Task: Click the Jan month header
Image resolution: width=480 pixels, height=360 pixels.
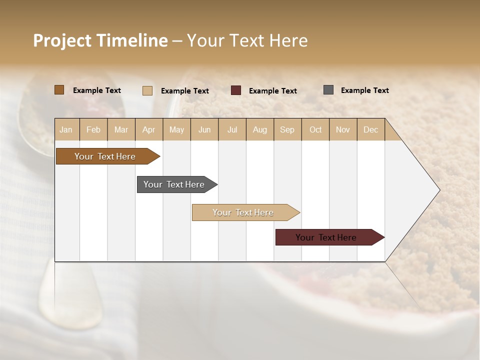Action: click(66, 129)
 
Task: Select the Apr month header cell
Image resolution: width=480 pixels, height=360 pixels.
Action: click(149, 129)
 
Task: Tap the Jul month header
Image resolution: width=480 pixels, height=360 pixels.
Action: click(232, 129)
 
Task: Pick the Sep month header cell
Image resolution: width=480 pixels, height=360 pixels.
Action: click(287, 129)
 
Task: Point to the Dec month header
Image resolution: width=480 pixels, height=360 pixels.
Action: click(370, 129)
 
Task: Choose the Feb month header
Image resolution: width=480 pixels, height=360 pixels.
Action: click(93, 129)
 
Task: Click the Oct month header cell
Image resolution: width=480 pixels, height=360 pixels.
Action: click(315, 129)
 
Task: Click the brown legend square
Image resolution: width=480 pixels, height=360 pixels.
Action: click(59, 90)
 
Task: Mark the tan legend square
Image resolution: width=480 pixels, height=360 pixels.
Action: click(147, 90)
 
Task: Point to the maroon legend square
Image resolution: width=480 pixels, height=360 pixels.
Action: click(236, 90)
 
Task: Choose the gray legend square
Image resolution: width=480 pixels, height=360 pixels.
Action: click(328, 90)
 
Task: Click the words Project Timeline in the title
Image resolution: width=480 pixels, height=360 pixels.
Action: click(100, 40)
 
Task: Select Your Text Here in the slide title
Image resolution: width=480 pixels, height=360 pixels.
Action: click(247, 40)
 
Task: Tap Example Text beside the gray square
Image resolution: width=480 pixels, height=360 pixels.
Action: click(364, 90)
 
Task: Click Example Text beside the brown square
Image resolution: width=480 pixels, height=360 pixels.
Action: click(97, 90)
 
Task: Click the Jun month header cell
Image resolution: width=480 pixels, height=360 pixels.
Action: click(204, 129)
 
